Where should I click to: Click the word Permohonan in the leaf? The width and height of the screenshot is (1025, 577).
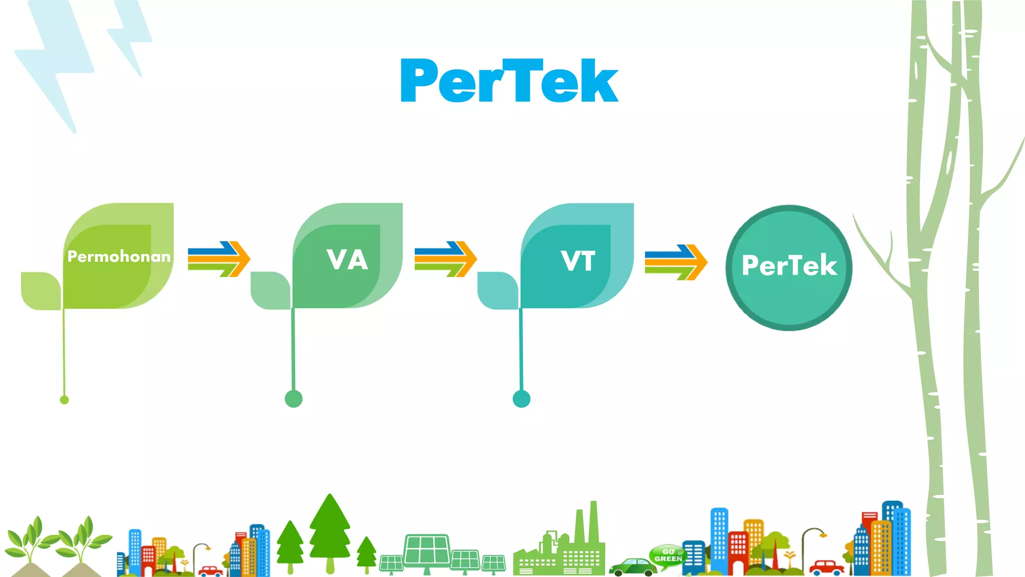[x=119, y=256]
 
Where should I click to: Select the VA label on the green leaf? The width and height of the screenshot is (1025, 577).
[x=347, y=259]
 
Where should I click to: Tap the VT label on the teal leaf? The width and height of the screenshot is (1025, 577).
[x=578, y=261]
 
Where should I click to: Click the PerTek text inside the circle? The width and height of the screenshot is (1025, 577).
[x=789, y=265]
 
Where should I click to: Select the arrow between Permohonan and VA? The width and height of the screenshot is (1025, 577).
[x=219, y=259]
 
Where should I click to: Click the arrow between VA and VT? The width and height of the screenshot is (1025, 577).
[x=445, y=259]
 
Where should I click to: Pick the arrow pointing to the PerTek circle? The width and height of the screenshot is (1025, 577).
[x=676, y=262]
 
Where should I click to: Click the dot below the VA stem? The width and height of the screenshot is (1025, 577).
[x=293, y=399]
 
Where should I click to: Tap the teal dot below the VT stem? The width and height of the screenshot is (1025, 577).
[x=522, y=399]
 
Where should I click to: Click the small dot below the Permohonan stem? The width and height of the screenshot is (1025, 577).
[x=64, y=400]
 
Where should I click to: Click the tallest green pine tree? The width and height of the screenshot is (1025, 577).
[x=330, y=531]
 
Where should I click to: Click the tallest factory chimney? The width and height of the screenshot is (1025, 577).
[x=594, y=521]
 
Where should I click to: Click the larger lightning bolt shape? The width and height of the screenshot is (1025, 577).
[x=55, y=60]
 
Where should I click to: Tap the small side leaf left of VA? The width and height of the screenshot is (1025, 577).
[x=270, y=291]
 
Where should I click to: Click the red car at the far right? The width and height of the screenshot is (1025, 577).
[x=827, y=567]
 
